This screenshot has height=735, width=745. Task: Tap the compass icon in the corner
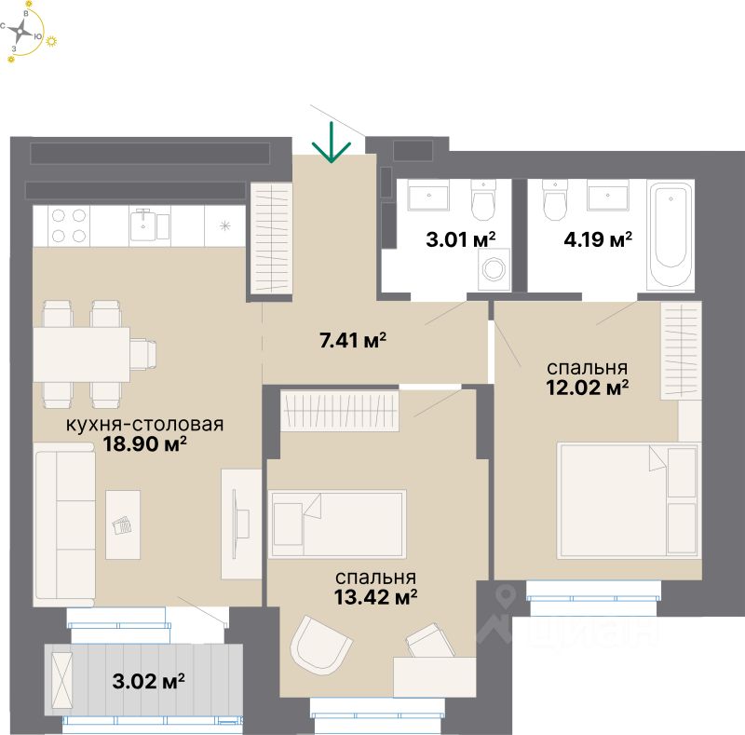[x=24, y=32]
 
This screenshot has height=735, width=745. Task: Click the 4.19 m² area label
[x=598, y=238]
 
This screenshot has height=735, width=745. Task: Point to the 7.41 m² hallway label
[x=352, y=341]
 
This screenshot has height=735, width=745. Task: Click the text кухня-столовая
[x=144, y=425]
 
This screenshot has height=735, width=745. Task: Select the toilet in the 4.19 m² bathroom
[x=555, y=198]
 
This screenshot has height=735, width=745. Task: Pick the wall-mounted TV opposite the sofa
[x=241, y=522]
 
